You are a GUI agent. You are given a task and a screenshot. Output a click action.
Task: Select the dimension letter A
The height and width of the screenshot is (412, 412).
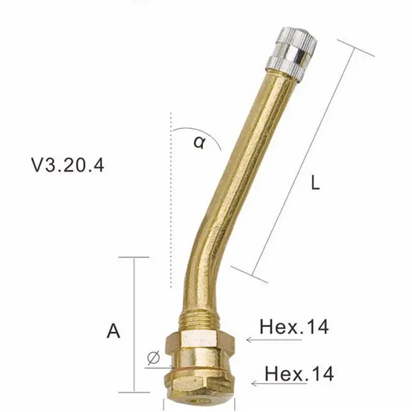pyautogui.click(x=113, y=331)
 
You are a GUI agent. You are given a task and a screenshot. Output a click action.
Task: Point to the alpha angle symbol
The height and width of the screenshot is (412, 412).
pyautogui.click(x=198, y=143)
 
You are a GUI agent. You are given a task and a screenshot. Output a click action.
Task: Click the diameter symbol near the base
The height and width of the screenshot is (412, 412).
pyautogui.click(x=154, y=358)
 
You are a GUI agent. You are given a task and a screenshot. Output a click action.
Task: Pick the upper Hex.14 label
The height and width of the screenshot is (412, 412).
pyautogui.click(x=294, y=327)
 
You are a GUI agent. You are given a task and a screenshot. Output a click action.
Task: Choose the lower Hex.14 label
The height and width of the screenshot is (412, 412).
pyautogui.click(x=299, y=374)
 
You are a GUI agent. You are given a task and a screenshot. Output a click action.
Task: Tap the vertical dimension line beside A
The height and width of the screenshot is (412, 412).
pyautogui.click(x=134, y=324)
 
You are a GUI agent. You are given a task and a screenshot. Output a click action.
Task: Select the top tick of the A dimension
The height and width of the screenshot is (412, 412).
pyautogui.click(x=133, y=257)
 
